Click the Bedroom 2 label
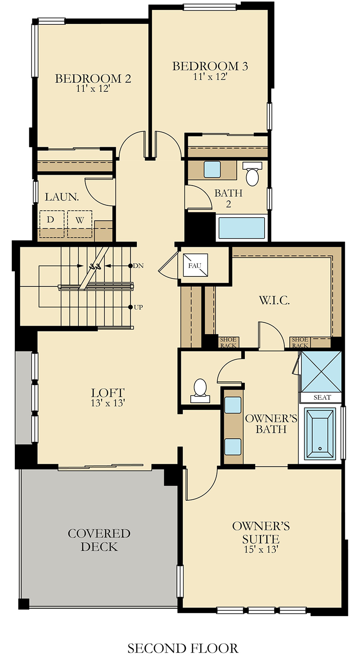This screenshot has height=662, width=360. point(93,79)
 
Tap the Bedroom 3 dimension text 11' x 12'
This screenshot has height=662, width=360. point(210,77)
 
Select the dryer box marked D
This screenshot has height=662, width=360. point(52,224)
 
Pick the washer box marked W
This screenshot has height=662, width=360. point(80,224)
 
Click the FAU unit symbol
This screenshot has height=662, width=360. point(195,265)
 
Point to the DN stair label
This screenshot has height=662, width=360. point(138,266)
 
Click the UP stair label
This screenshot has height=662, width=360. point(138,307)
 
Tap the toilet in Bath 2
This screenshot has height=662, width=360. point(252,174)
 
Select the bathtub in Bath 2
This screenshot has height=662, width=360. point(242,228)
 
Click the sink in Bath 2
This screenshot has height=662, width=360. point(212,169)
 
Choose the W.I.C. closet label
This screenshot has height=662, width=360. point(274,300)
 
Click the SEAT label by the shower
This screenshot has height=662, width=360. point(322,397)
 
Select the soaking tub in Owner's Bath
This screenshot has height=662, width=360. point(320,433)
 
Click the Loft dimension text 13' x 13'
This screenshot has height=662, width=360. point(108,403)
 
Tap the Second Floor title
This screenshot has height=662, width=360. point(183,648)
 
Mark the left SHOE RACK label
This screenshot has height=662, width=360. point(228,342)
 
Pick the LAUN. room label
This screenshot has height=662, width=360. point(62,197)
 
